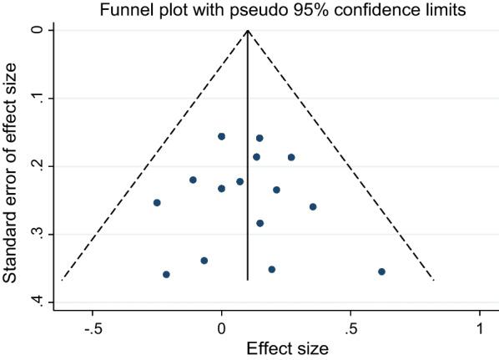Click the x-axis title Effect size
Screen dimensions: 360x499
pyautogui.click(x=285, y=347)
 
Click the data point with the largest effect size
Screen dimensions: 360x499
pyautogui.click(x=381, y=271)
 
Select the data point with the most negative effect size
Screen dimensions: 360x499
pyautogui.click(x=157, y=202)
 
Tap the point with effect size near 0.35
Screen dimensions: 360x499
pyautogui.click(x=313, y=206)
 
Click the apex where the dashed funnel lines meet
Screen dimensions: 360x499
pyautogui.click(x=248, y=30)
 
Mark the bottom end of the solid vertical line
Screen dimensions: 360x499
pyautogui.click(x=248, y=280)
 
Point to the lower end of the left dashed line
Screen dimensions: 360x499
pyautogui.click(x=62, y=280)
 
